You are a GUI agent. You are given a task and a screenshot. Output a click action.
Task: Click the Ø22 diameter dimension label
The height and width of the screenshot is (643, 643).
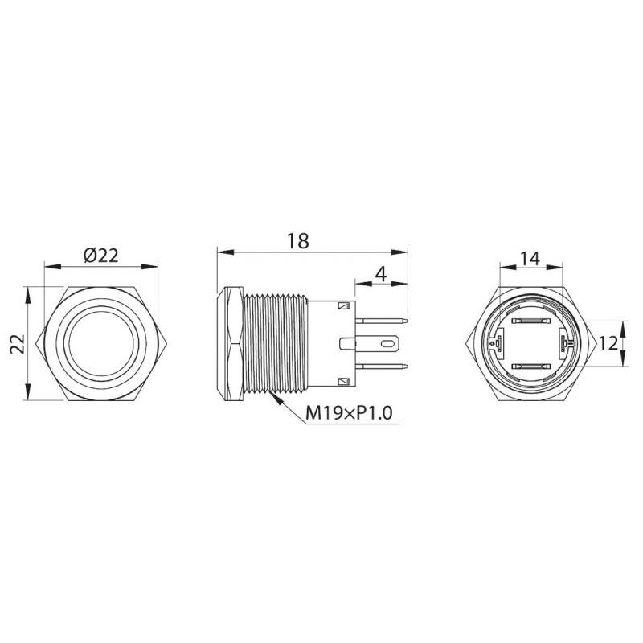[101, 255]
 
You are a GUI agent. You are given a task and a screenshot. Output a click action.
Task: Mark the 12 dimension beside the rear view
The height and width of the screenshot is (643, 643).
[608, 343]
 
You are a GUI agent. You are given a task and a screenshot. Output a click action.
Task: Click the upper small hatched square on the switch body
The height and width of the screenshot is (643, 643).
[344, 306]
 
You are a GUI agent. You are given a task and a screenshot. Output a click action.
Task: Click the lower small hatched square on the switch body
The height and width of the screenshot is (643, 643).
[344, 382]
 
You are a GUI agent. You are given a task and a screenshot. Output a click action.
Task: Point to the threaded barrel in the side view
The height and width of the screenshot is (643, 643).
[273, 344]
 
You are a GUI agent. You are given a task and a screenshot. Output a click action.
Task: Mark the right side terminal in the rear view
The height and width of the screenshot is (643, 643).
[564, 344]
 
